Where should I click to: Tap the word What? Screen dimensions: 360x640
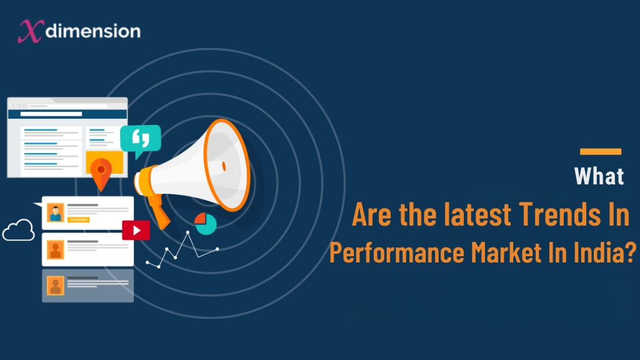599,176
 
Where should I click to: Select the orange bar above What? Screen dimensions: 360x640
600,151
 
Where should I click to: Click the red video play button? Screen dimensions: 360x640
136,230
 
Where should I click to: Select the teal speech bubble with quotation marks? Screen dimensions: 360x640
140,139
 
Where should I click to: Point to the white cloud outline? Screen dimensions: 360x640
19,231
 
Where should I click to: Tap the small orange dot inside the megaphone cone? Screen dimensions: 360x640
223,166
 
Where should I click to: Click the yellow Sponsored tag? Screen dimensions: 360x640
78,220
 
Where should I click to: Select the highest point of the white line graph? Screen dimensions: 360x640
187,232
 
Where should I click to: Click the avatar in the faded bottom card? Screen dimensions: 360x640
56,286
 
